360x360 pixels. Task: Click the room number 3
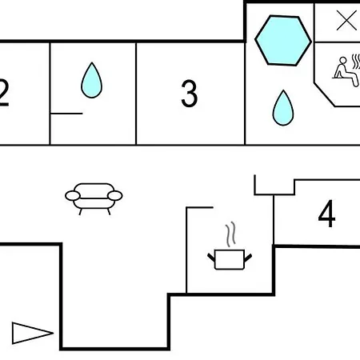pyautogui.click(x=190, y=94)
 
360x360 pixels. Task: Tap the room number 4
pyautogui.click(x=326, y=214)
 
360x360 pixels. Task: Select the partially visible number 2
pyautogui.click(x=4, y=93)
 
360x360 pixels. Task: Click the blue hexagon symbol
pyautogui.click(x=283, y=40)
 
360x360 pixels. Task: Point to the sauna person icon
pyautogui.click(x=346, y=71)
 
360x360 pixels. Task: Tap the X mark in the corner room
pyautogui.click(x=346, y=20)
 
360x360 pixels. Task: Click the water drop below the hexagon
pyautogui.click(x=283, y=108)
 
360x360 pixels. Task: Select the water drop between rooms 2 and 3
pyautogui.click(x=91, y=80)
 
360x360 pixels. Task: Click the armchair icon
pyautogui.click(x=94, y=198)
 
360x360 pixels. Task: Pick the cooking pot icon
pyautogui.click(x=230, y=259)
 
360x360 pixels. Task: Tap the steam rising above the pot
pyautogui.click(x=230, y=234)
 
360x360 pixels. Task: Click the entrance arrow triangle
pyautogui.click(x=33, y=333)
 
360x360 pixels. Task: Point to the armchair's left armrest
pyautogui.click(x=73, y=196)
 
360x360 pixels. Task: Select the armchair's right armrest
pyautogui.click(x=115, y=196)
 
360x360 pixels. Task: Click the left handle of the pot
pyautogui.click(x=211, y=258)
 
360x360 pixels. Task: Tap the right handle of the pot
pyautogui.click(x=248, y=258)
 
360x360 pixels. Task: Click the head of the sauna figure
pyautogui.click(x=342, y=61)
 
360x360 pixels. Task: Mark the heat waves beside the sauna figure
pyautogui.click(x=356, y=62)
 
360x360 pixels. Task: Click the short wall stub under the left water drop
pyautogui.click(x=66, y=114)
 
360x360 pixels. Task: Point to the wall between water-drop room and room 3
pyautogui.click(x=136, y=94)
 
